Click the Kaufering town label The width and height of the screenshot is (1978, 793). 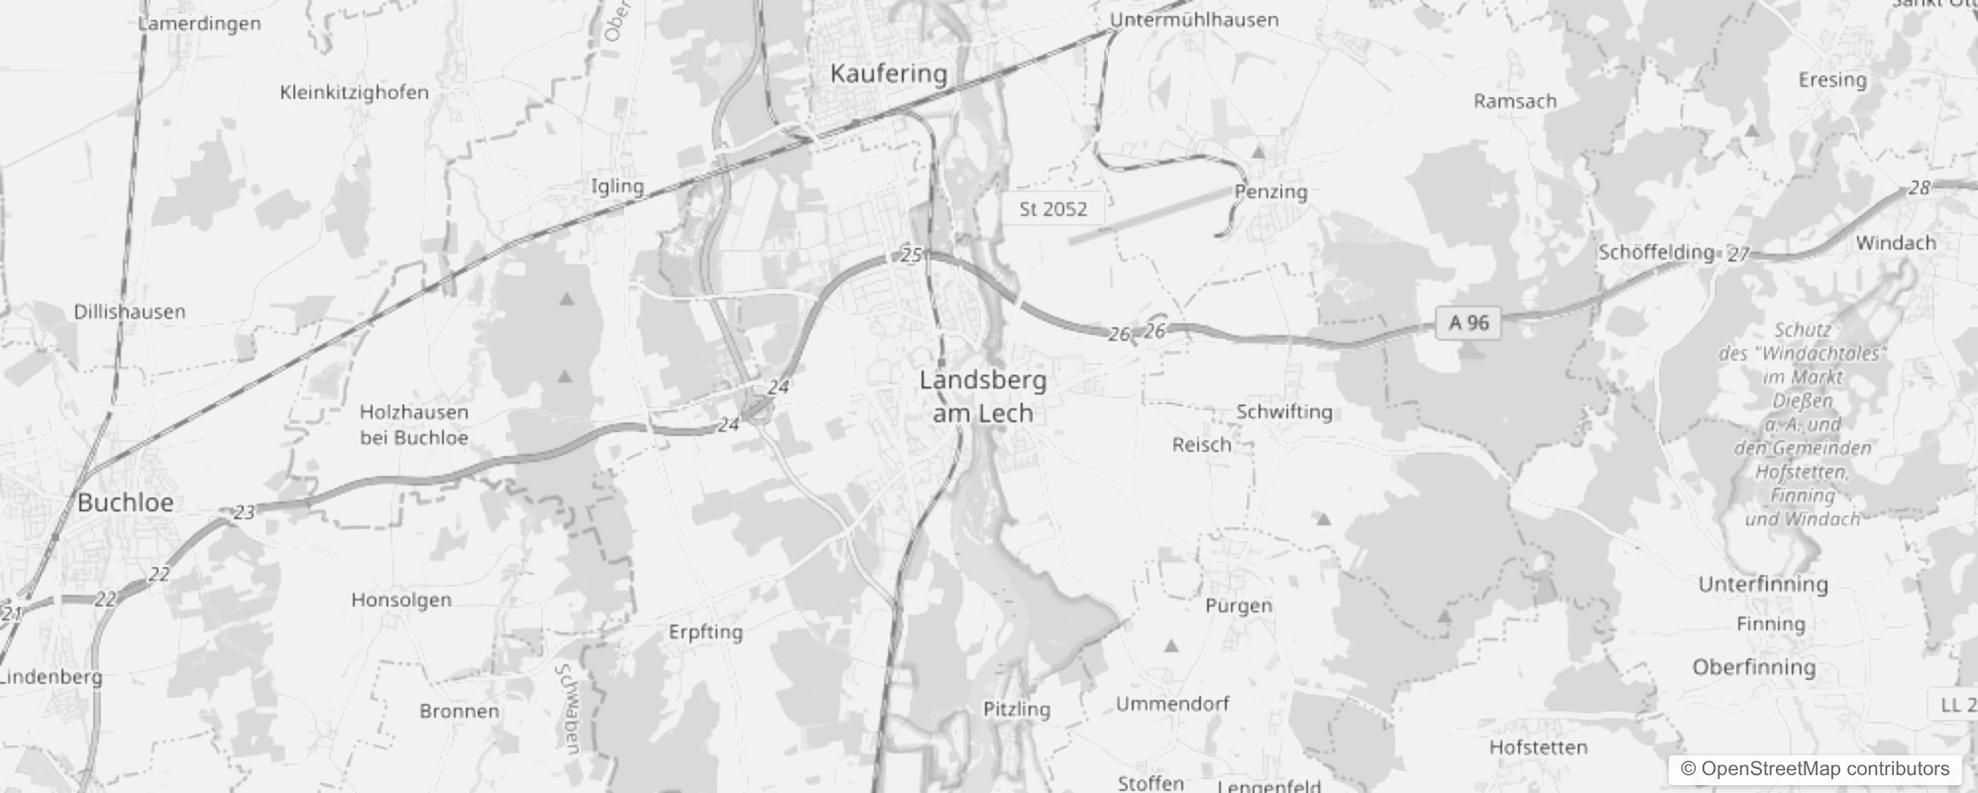click(x=888, y=73)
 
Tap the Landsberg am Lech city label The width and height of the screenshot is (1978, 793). click(x=982, y=396)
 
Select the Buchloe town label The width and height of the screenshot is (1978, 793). click(x=125, y=503)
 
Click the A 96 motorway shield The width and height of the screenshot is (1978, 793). click(x=1469, y=322)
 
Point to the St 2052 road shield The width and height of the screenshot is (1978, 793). click(x=1052, y=209)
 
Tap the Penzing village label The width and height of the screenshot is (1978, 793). click(x=1270, y=192)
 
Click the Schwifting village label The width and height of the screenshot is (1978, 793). click(x=1284, y=411)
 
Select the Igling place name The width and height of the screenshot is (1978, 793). click(x=616, y=186)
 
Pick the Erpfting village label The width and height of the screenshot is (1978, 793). click(x=705, y=632)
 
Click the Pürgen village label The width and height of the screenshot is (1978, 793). click(x=1238, y=606)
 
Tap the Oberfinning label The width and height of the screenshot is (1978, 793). click(x=1753, y=667)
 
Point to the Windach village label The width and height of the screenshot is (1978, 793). click(x=1895, y=243)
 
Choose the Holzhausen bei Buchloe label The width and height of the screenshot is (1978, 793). click(x=413, y=424)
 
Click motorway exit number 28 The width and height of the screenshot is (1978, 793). click(x=1919, y=188)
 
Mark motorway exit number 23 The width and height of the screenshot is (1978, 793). click(x=244, y=512)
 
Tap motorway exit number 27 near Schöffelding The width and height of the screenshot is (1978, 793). click(x=1738, y=255)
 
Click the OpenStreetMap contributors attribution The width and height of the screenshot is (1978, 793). click(x=1813, y=769)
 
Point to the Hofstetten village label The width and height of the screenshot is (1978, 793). click(x=1537, y=747)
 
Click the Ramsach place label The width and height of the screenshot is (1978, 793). click(x=1514, y=101)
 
